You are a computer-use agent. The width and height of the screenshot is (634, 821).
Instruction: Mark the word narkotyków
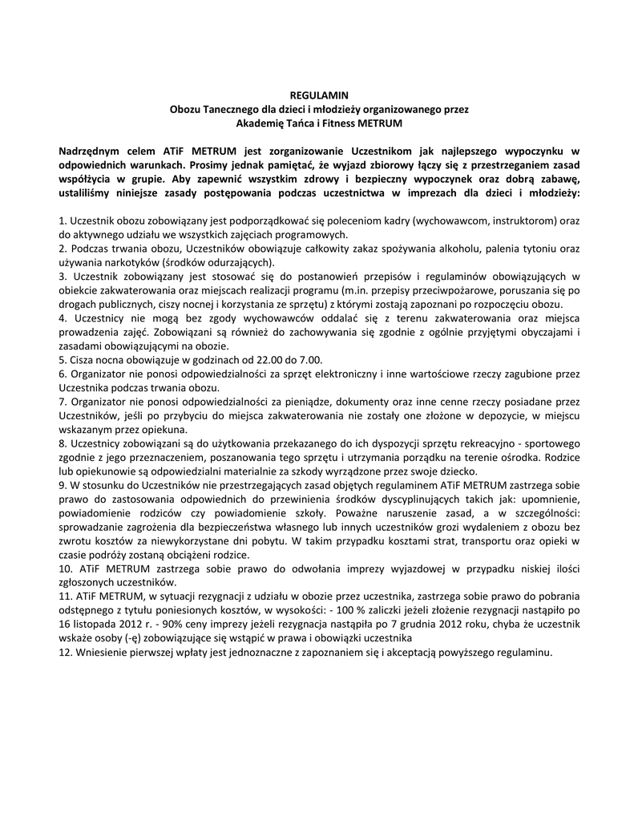(130, 262)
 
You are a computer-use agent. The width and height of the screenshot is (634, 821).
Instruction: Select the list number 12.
(66, 652)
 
